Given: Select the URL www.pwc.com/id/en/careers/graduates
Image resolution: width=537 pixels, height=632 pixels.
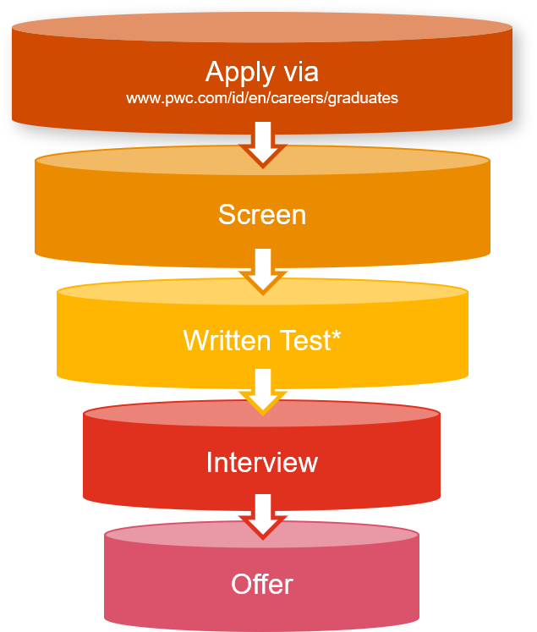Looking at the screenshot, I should pyautogui.click(x=262, y=98).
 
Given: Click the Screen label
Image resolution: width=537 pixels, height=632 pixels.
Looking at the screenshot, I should pyautogui.click(x=262, y=214).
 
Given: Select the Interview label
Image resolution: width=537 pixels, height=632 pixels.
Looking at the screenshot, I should pyautogui.click(x=262, y=462).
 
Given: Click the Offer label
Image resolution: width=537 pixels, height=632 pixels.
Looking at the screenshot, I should pyautogui.click(x=262, y=584).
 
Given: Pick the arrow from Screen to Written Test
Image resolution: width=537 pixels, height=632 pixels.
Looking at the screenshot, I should pyautogui.click(x=263, y=269).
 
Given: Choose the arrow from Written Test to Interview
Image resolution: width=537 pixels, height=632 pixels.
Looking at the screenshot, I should pyautogui.click(x=263, y=389).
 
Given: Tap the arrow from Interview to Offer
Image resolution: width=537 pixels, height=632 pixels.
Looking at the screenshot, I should pyautogui.click(x=263, y=514).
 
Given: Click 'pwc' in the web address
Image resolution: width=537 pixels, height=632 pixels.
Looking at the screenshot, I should pyautogui.click(x=174, y=99).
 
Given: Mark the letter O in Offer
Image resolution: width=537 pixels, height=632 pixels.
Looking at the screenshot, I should pyautogui.click(x=241, y=584).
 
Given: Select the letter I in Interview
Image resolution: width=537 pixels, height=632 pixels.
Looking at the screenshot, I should pyautogui.click(x=210, y=462).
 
